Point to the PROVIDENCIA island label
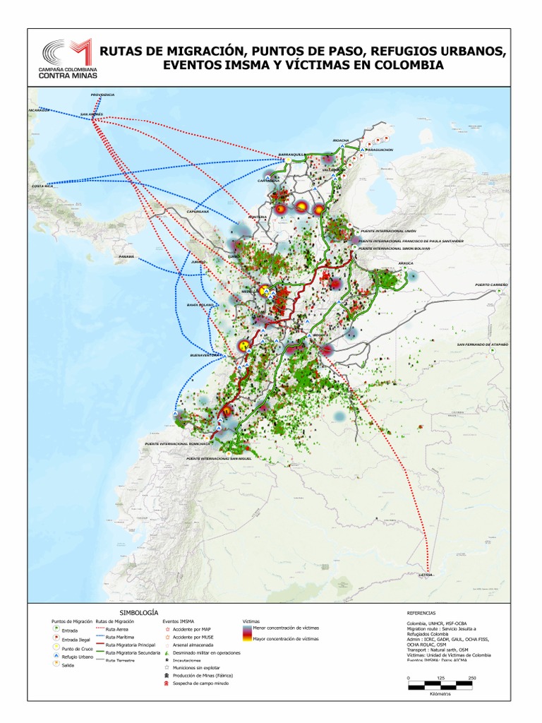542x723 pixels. pos(102,95)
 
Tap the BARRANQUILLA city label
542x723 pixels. pos(290,153)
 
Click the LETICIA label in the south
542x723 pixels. pos(425,575)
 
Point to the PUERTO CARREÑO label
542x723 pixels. pos(492,284)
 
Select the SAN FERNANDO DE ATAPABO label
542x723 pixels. pos(482,345)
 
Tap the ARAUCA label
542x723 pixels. pos(405,263)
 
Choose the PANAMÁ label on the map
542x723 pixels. pos(126,256)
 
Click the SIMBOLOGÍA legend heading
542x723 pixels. pos(139,612)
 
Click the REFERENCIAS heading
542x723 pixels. pos(422,614)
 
